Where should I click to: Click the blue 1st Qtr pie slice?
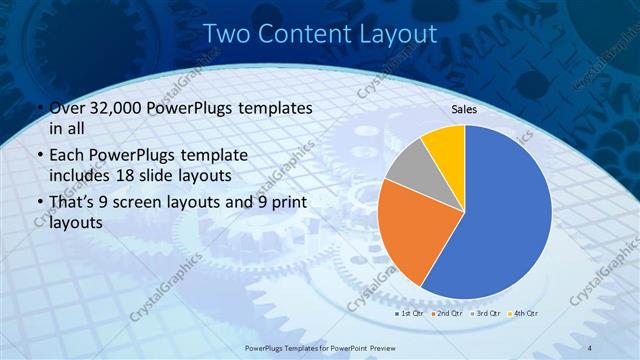click(505, 215)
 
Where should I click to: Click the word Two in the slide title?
click(226, 34)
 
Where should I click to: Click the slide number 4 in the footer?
click(591, 346)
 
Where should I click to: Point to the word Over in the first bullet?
click(67, 107)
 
